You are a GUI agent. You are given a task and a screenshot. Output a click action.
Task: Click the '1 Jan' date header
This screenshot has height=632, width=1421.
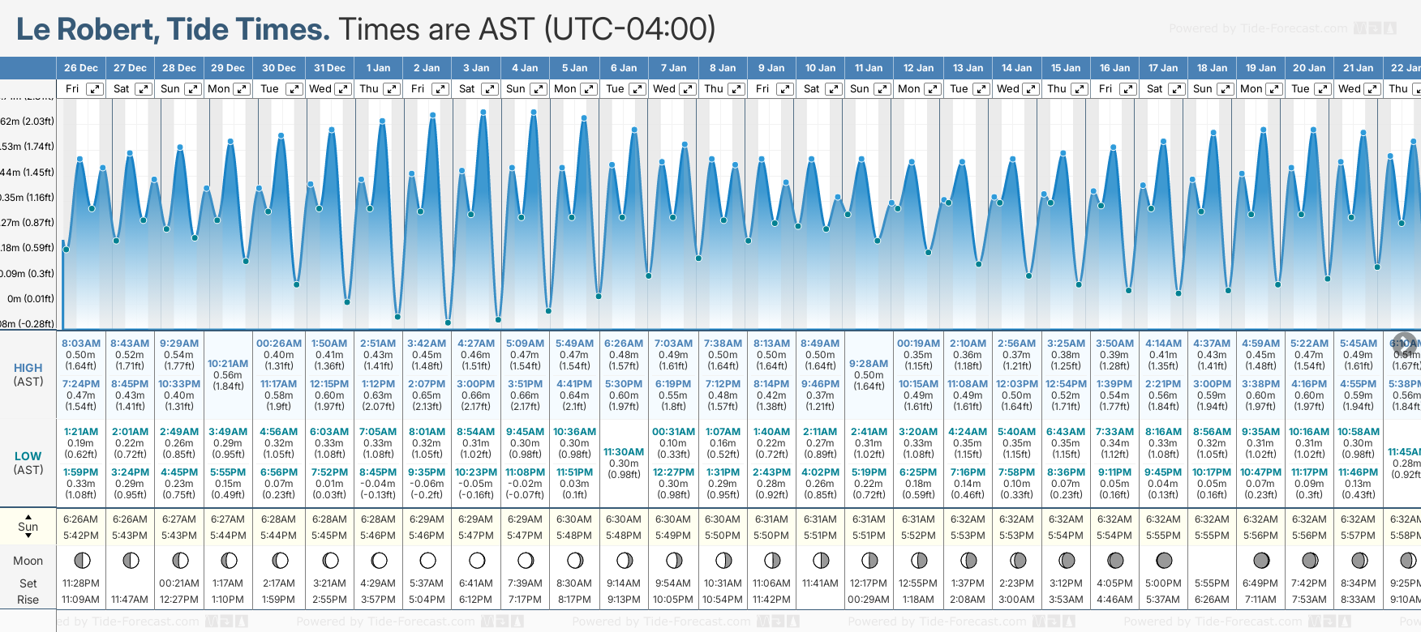click(378, 68)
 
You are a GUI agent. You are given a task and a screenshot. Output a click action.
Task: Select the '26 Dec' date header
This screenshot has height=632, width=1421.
click(81, 68)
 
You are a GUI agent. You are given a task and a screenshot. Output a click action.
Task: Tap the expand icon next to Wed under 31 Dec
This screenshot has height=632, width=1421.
click(343, 89)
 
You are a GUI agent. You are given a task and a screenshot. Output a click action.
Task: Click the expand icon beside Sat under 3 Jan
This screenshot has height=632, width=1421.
click(490, 89)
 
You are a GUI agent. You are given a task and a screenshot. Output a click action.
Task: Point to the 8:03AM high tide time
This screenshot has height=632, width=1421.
click(81, 344)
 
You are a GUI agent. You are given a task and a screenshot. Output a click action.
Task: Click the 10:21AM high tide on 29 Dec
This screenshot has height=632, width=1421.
click(228, 364)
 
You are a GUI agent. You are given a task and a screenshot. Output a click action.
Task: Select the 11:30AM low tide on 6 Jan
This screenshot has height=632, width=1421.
click(624, 452)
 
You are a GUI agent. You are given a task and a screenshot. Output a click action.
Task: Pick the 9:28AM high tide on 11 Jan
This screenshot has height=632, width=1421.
click(869, 364)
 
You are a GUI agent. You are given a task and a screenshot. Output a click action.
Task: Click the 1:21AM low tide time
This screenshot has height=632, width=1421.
click(81, 432)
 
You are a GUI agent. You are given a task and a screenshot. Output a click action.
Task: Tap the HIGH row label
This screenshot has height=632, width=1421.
click(28, 368)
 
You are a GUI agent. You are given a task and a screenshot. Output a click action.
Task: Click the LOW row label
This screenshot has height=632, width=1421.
click(28, 456)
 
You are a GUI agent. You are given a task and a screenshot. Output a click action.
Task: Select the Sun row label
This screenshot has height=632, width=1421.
click(28, 527)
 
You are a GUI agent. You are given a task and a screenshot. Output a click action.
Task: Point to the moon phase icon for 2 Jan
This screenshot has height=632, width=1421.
click(427, 561)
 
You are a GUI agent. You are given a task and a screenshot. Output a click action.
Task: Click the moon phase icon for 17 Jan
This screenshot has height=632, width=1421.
click(1164, 561)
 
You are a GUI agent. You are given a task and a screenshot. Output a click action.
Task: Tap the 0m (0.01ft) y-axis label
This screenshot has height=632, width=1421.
click(30, 298)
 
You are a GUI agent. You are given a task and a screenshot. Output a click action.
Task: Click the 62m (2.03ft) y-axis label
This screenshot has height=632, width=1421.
click(28, 122)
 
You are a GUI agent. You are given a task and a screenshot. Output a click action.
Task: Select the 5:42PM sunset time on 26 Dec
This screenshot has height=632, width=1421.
click(81, 536)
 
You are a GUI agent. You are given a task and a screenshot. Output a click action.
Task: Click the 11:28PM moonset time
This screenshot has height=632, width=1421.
click(81, 583)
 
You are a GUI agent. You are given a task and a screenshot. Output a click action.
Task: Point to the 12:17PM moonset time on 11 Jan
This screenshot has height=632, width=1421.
click(869, 583)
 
